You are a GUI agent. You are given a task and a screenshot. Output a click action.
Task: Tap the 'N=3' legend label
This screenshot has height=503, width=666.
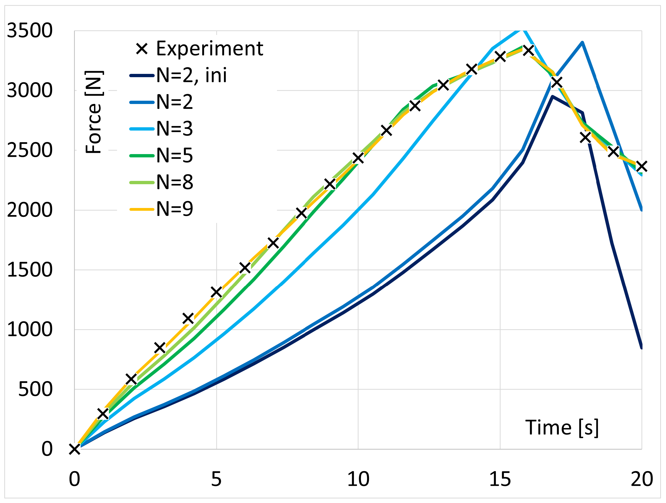(175, 129)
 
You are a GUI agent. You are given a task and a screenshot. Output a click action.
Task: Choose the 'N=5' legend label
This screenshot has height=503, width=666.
(175, 156)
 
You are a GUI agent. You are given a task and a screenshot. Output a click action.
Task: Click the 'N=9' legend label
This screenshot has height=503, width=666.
(175, 209)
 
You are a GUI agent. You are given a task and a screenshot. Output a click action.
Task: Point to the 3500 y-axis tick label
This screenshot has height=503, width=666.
(30, 30)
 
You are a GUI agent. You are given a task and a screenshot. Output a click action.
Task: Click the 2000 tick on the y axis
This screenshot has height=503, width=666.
(30, 210)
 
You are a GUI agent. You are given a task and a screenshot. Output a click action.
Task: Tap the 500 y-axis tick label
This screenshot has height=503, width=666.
(35, 389)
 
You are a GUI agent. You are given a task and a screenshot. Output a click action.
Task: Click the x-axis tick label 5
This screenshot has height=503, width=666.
(216, 479)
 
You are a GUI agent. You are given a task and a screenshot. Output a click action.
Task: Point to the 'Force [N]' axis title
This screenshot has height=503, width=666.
(94, 112)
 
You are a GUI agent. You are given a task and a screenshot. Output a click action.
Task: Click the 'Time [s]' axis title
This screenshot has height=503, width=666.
(562, 428)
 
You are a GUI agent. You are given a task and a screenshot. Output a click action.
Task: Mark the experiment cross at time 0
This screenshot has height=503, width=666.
(74, 449)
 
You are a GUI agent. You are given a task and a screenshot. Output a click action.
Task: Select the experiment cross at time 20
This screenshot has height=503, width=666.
(642, 166)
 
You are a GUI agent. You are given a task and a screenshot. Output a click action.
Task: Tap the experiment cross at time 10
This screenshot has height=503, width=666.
(358, 158)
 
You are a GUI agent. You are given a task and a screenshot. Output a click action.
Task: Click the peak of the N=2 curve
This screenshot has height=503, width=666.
(582, 43)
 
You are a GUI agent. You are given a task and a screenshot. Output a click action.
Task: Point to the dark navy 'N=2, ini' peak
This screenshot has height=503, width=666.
(553, 96)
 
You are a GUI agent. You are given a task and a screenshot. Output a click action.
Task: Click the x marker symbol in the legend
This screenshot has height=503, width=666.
(142, 49)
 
